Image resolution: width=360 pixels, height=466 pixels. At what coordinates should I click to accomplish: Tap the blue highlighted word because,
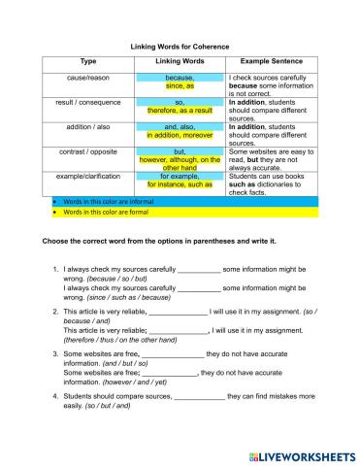180,77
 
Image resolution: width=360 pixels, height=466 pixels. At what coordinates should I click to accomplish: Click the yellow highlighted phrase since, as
180,85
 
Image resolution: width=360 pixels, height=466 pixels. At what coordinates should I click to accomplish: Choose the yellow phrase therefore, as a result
180,110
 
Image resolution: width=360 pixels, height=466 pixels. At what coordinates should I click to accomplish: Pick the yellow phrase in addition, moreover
180,134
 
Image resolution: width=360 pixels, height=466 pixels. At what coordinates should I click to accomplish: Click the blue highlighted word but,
180,150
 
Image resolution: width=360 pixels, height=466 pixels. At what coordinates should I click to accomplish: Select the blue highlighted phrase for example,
180,175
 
